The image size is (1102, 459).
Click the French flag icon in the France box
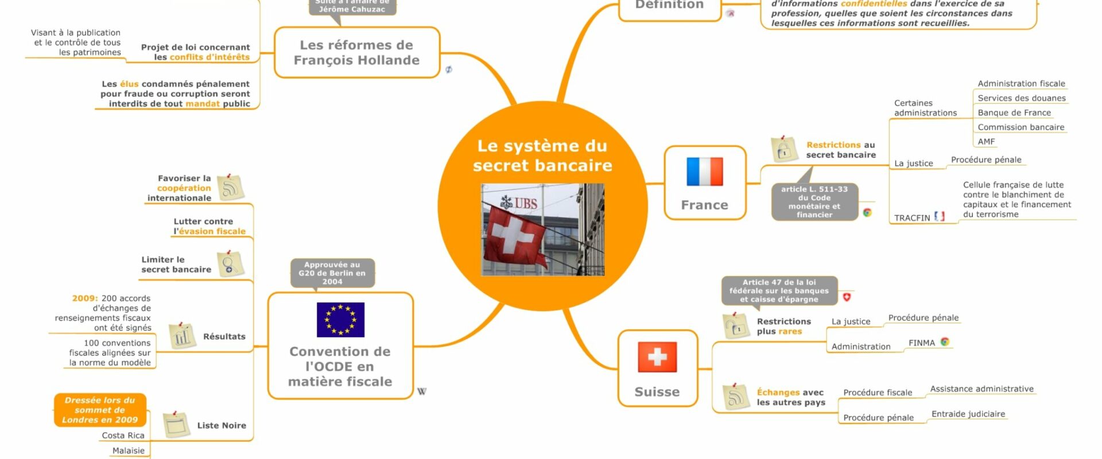[x=704, y=172]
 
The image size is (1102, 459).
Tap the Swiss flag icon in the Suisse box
[x=657, y=357]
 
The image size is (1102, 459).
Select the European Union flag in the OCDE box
[x=340, y=320]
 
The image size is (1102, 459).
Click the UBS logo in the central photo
[x=519, y=203]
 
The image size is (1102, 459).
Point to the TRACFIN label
[x=911, y=218]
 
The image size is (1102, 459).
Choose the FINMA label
[x=921, y=343]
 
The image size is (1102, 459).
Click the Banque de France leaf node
[x=1014, y=113]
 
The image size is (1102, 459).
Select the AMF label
[x=986, y=142]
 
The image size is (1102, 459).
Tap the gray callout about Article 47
[x=779, y=291]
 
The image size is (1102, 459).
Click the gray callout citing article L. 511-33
[x=814, y=202]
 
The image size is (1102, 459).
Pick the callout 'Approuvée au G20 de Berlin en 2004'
[x=332, y=273]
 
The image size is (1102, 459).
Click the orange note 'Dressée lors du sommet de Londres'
[x=100, y=410]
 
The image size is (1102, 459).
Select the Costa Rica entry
[x=123, y=435]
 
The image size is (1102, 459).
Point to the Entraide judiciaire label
[x=968, y=414]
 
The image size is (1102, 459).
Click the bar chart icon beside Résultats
[x=182, y=336]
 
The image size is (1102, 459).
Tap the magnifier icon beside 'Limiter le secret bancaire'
[x=230, y=264]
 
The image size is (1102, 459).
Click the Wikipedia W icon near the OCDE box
[x=422, y=392]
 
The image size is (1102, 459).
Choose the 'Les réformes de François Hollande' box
[x=356, y=53]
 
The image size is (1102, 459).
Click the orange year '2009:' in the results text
[x=85, y=298]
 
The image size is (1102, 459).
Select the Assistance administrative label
[x=981, y=389]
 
